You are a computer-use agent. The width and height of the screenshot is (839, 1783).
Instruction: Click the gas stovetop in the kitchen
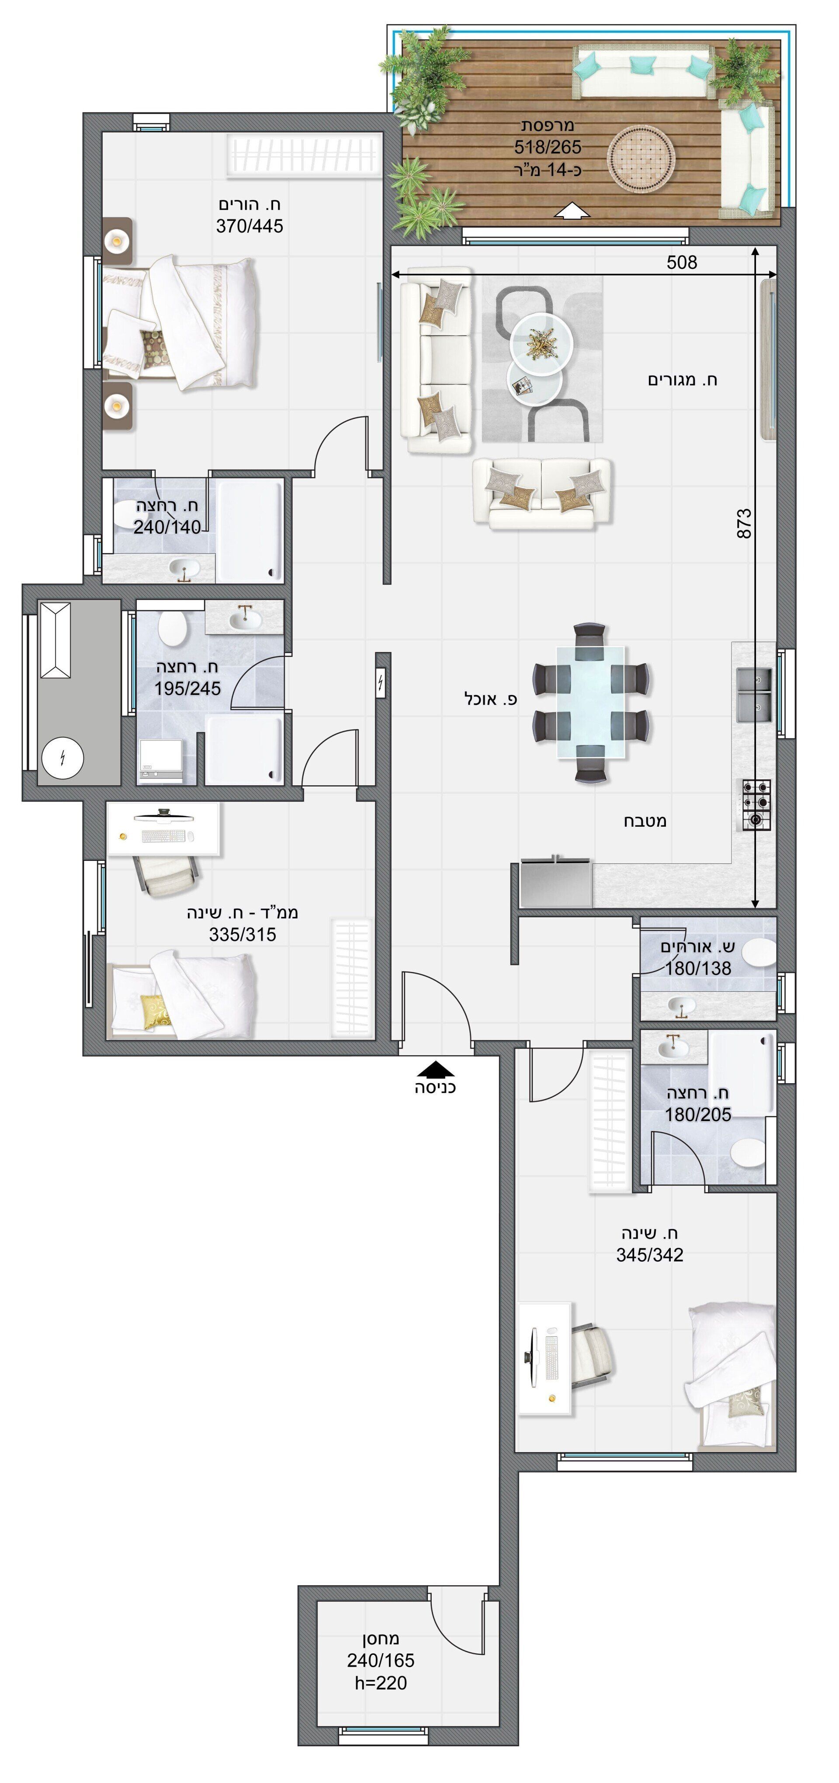(757, 804)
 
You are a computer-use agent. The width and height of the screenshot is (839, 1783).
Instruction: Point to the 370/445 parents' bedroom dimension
(249, 226)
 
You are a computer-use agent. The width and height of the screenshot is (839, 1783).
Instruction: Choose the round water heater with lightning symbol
(62, 758)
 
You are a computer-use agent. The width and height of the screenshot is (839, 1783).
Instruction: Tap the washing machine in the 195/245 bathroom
(160, 762)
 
